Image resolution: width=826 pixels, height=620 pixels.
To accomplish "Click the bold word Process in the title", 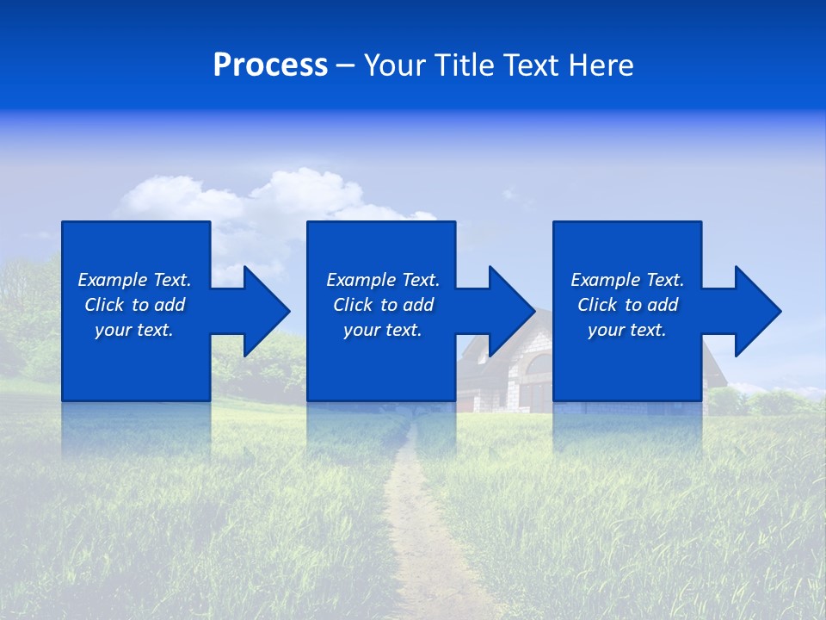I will [270, 65].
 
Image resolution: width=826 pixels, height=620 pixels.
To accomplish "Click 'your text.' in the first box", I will [134, 330].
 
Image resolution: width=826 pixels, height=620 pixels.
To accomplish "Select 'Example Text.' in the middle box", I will [383, 280].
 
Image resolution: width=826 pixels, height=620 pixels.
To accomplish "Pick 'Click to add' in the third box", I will [628, 305].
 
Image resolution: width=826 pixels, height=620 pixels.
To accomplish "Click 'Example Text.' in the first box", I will [134, 280].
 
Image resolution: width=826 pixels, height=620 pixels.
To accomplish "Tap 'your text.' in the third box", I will [627, 330].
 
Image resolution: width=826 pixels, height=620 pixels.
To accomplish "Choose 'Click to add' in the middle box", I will [383, 305].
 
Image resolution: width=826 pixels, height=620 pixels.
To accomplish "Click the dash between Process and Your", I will [345, 65].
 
